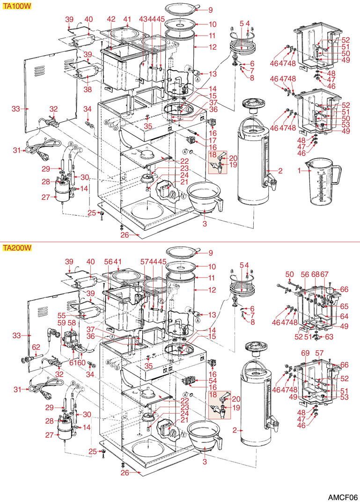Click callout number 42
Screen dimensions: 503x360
point(111,19)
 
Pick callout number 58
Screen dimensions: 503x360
point(72,323)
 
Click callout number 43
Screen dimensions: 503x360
point(142,19)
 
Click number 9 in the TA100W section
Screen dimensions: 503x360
point(211,10)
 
